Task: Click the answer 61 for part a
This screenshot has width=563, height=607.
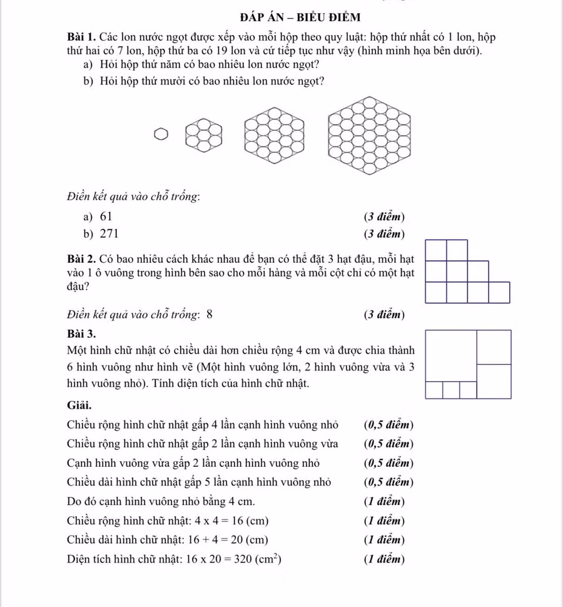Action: click(106, 217)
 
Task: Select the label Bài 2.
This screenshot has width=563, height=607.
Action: click(82, 258)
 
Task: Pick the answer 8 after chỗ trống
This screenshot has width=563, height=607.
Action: click(209, 314)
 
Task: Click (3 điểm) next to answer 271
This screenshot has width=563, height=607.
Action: click(384, 235)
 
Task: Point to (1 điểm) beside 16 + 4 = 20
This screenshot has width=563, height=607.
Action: click(384, 540)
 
